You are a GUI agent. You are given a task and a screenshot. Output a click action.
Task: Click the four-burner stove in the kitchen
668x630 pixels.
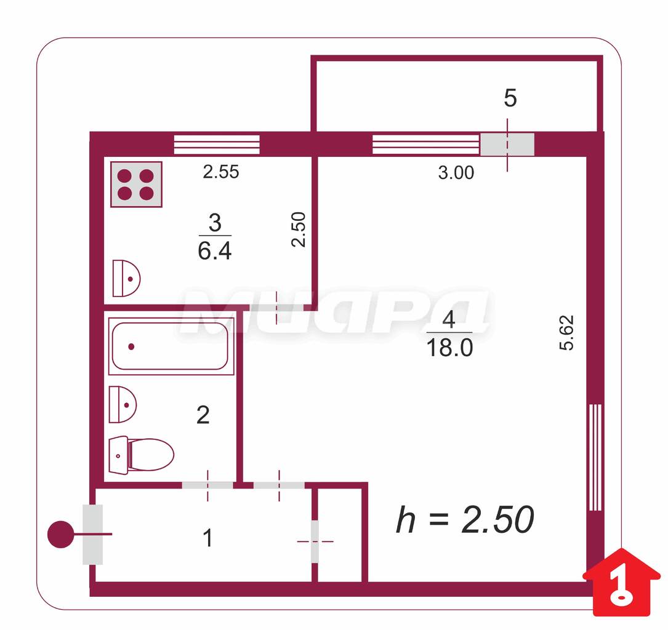[x=136, y=185]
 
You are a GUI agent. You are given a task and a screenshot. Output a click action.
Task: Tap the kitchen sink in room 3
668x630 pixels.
[x=126, y=278]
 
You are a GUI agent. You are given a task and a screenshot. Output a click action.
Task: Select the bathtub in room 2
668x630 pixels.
[x=171, y=346]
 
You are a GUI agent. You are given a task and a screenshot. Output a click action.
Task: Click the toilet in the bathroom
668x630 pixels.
[x=142, y=455]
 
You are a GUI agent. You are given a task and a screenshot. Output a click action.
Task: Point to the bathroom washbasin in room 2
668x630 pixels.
[x=123, y=404]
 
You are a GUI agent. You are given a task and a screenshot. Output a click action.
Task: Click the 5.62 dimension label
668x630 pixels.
[x=566, y=332]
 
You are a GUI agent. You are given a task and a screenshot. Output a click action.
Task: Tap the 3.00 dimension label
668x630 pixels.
[x=456, y=173]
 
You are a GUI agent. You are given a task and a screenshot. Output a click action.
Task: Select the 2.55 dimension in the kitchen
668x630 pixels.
[x=220, y=172]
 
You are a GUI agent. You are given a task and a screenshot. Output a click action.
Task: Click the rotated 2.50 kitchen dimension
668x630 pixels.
[x=299, y=229]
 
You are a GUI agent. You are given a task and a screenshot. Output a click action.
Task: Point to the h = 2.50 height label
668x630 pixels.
[x=465, y=519]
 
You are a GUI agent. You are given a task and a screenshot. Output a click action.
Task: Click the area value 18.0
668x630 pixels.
[x=449, y=348]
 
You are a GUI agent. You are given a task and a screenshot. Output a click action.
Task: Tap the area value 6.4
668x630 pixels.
[x=215, y=251]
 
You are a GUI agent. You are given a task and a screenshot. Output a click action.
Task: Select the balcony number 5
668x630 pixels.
[x=510, y=98]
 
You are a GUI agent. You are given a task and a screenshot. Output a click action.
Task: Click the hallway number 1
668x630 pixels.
[x=207, y=538]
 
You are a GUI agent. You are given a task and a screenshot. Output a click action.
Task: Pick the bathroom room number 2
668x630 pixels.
[x=203, y=415]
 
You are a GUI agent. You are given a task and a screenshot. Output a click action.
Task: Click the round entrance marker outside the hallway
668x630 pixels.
[x=60, y=534]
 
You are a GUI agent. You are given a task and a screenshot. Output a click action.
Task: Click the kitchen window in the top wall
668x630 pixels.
[x=217, y=145]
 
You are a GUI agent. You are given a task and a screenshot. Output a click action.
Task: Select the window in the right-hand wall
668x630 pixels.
[x=595, y=457]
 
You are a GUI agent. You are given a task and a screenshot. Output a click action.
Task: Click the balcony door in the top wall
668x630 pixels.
[x=507, y=145]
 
